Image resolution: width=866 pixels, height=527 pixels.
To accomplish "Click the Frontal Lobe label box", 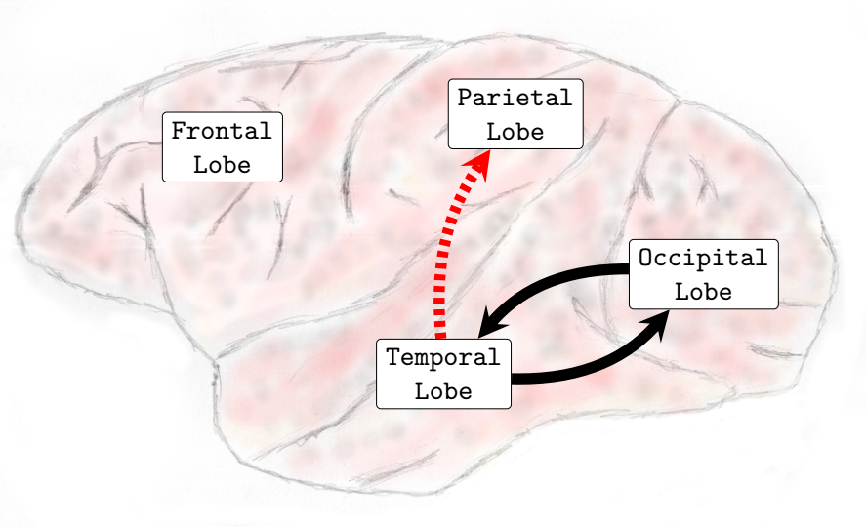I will point(222,146).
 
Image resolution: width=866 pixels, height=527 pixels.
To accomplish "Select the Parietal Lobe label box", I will point(515,114).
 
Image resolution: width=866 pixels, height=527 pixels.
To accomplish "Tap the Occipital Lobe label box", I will point(703,274).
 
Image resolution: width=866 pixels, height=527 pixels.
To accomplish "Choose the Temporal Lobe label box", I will point(443,375).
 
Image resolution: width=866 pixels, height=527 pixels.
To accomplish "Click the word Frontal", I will point(222,131).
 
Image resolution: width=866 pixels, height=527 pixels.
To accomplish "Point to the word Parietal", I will point(515,99).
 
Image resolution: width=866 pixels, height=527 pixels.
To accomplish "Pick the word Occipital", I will point(703,259).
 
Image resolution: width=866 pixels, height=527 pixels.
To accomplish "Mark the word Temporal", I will point(443,358).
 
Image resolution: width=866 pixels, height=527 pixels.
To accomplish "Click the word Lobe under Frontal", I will point(222,164).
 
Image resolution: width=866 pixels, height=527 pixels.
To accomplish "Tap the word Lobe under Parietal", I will point(515,132).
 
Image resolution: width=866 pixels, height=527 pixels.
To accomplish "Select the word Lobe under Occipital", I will point(703,291).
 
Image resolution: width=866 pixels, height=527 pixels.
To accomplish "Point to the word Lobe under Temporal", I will point(443,391).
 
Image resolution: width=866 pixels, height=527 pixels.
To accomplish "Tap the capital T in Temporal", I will point(393,358).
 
